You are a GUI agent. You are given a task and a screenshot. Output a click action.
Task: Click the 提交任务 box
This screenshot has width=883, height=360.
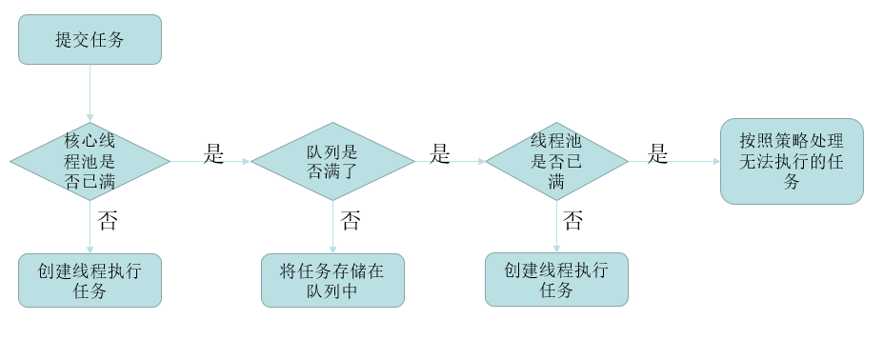[x=90, y=39]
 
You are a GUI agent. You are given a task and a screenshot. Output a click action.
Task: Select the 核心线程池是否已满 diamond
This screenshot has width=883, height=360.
[x=90, y=161]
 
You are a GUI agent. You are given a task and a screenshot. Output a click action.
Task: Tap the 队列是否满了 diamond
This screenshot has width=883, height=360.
[x=332, y=161]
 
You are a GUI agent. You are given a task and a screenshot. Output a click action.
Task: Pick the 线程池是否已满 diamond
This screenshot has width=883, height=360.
[x=556, y=161]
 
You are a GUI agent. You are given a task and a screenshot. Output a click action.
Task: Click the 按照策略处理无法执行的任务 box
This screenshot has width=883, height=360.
[x=792, y=161]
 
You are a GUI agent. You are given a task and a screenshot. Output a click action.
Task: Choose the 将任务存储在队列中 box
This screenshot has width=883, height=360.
[x=332, y=280]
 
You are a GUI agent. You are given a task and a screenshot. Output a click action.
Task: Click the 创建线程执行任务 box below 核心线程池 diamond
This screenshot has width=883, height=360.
[x=90, y=280]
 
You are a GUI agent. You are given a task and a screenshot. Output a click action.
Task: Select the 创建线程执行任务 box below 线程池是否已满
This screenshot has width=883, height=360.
[x=556, y=279]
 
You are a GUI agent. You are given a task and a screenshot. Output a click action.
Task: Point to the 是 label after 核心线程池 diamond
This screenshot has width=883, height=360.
[x=213, y=154]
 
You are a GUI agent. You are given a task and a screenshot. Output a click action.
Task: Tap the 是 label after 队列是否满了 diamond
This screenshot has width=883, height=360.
[x=439, y=154]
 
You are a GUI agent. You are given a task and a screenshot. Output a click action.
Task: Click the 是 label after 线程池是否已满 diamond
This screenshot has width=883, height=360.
[x=658, y=154]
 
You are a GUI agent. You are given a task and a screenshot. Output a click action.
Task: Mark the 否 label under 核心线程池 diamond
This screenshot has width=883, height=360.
[x=108, y=222]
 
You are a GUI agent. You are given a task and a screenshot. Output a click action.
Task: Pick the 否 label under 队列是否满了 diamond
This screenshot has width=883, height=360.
[x=351, y=222]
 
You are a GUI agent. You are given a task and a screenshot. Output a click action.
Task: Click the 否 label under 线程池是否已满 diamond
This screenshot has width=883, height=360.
[x=572, y=222]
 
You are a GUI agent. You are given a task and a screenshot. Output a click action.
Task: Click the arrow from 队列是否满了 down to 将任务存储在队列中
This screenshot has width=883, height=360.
[x=332, y=229]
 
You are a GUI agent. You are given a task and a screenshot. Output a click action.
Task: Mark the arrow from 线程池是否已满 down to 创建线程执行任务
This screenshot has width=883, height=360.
[x=556, y=229]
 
